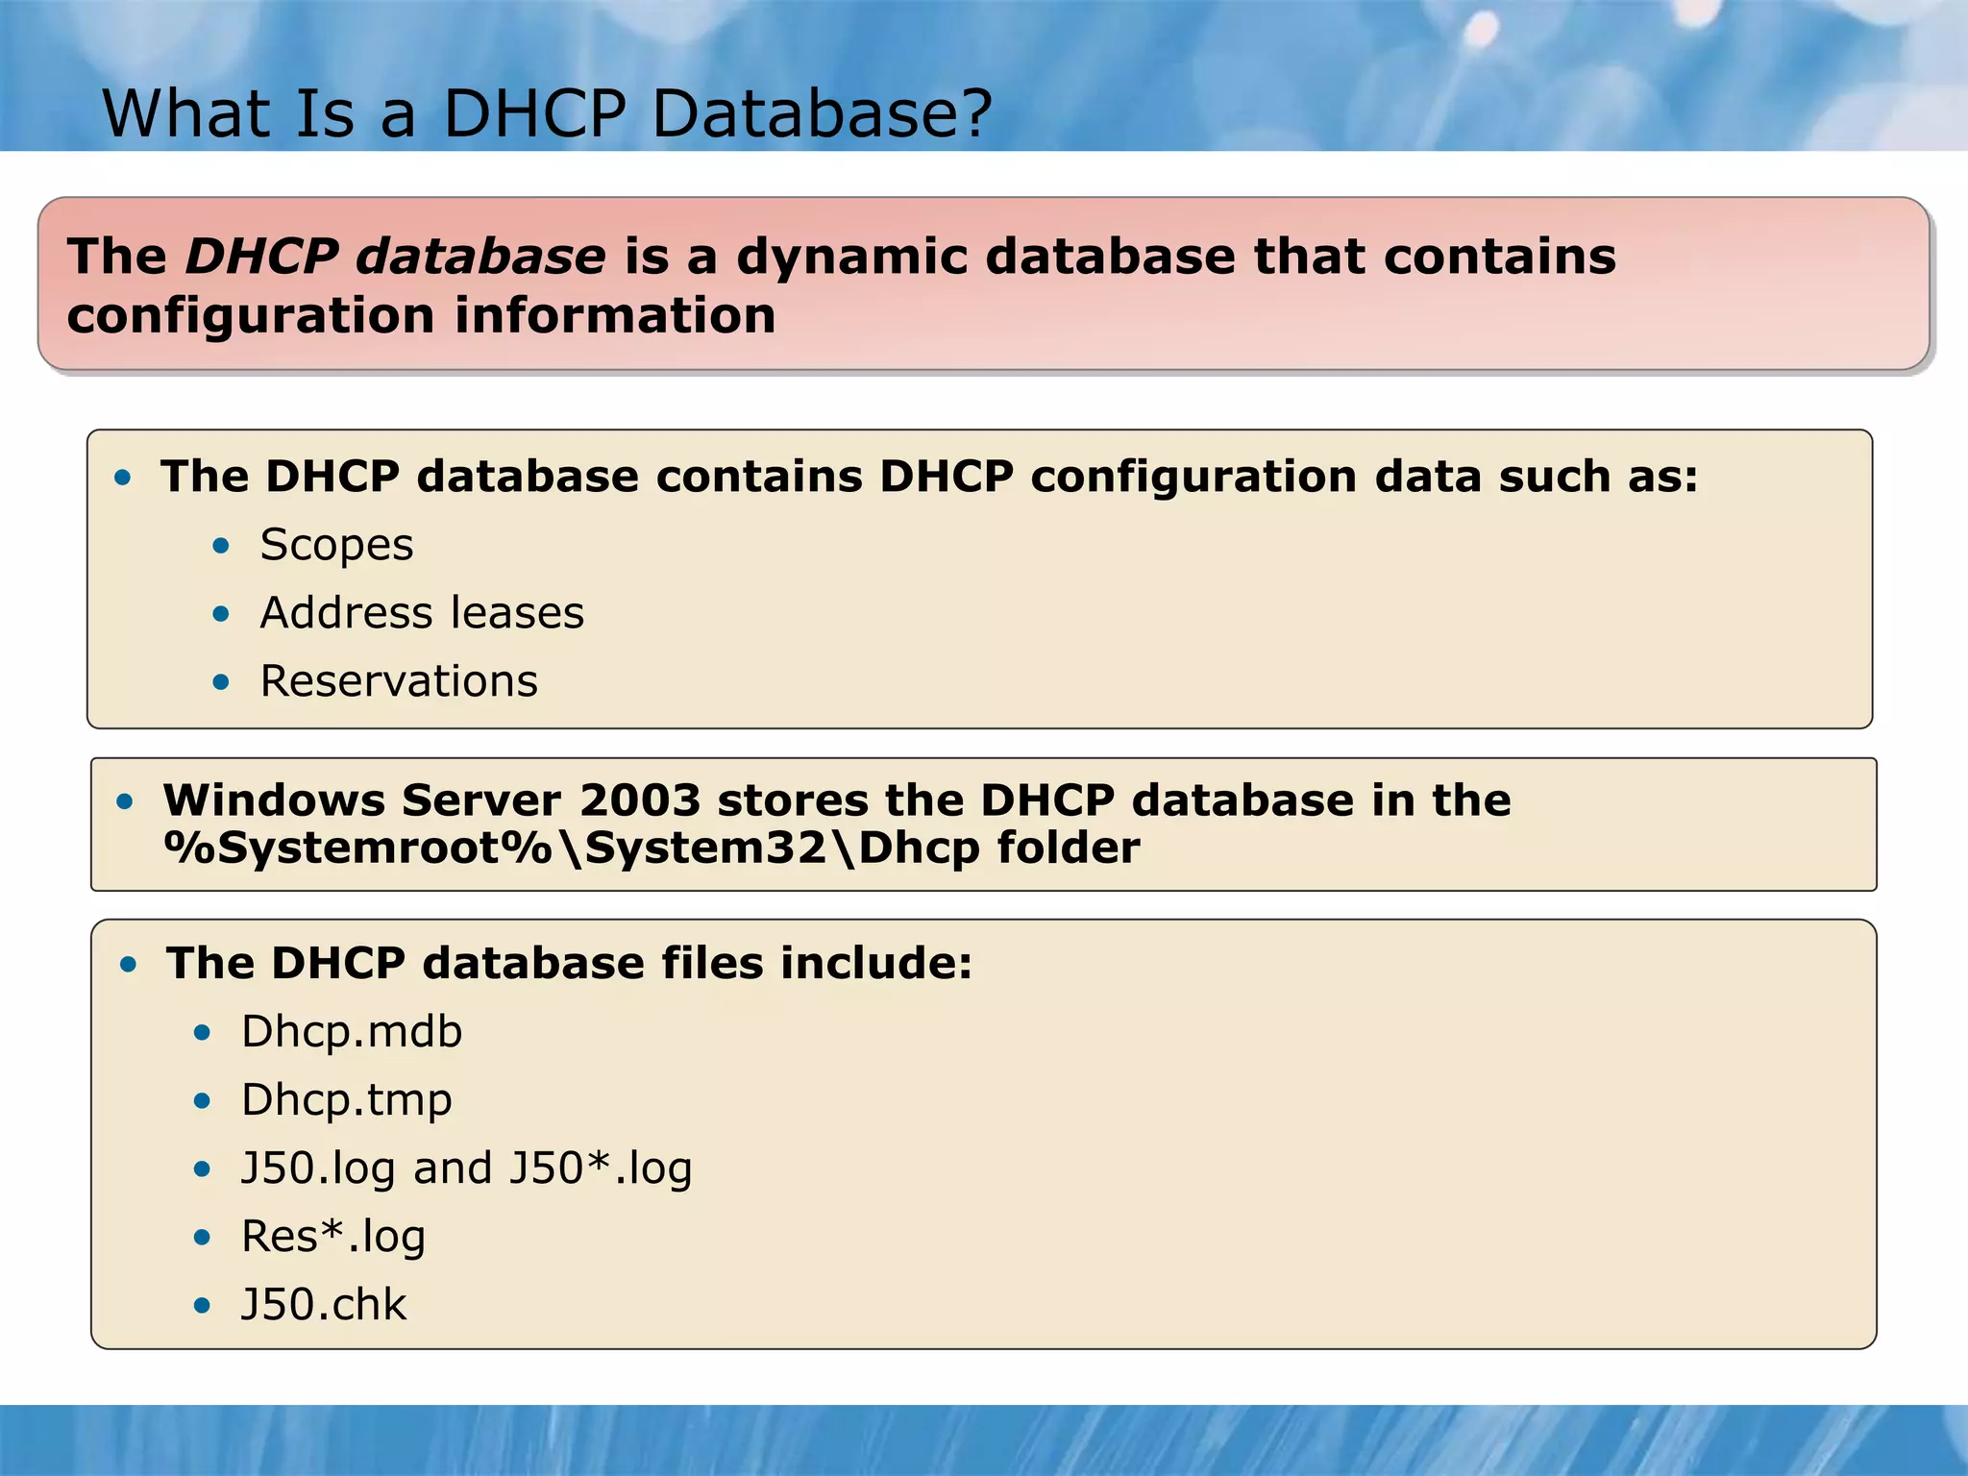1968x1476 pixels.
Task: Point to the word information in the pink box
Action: tap(615, 316)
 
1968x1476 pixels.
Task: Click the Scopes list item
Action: tap(336, 546)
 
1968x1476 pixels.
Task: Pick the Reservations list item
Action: tap(399, 681)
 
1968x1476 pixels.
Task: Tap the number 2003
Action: tap(639, 800)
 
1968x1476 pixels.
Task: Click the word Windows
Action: tap(273, 800)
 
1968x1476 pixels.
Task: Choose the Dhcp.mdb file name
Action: tap(352, 1032)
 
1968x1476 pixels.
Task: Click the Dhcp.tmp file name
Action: tap(346, 1100)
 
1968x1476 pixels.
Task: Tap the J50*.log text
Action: tap(601, 1168)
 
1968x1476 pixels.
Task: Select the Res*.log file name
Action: tap(332, 1237)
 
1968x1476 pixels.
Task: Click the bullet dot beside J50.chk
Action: tap(202, 1305)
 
